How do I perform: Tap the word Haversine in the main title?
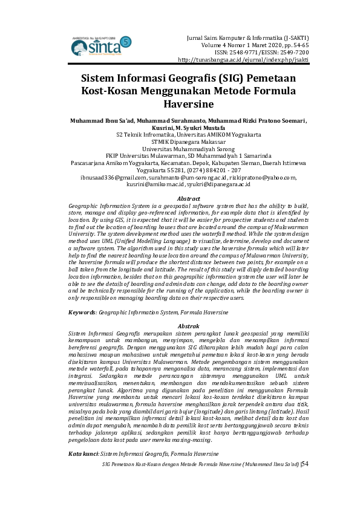pos(180,103)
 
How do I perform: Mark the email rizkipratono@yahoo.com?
pos(262,178)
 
